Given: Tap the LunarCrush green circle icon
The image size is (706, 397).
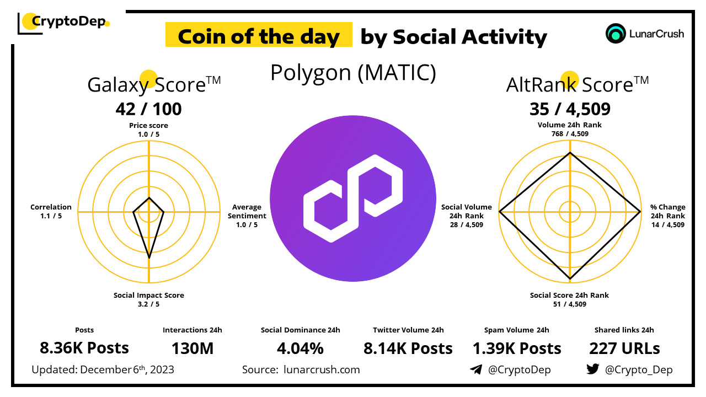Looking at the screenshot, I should [x=615, y=34].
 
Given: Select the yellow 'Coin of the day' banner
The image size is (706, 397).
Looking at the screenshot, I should [x=259, y=36].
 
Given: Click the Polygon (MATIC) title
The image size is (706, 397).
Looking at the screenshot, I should [x=353, y=73].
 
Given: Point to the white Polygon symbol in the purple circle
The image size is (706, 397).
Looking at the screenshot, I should [x=353, y=198].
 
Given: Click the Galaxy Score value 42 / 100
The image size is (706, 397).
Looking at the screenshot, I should [x=148, y=109].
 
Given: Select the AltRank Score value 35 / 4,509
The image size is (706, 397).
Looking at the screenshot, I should [x=570, y=109].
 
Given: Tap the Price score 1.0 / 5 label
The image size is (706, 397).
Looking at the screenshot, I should [x=148, y=130].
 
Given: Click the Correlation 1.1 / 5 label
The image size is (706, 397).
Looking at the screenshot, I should [x=51, y=212].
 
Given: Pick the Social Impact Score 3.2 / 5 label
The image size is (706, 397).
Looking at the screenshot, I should [x=149, y=299].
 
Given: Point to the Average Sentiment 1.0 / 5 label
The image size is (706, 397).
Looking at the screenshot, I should [x=247, y=216].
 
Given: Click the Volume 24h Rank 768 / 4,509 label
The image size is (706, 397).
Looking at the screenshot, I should [x=570, y=129].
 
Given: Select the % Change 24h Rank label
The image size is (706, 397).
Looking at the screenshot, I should [x=667, y=216].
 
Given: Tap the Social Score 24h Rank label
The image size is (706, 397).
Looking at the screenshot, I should [x=570, y=299].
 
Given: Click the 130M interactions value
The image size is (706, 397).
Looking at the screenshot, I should [x=192, y=348].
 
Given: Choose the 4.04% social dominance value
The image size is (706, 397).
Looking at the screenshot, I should [x=300, y=348].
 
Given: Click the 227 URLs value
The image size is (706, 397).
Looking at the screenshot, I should [x=624, y=348].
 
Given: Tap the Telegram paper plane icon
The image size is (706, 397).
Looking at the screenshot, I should [x=475, y=369].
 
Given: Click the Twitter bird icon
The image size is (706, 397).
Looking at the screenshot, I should [x=592, y=369].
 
